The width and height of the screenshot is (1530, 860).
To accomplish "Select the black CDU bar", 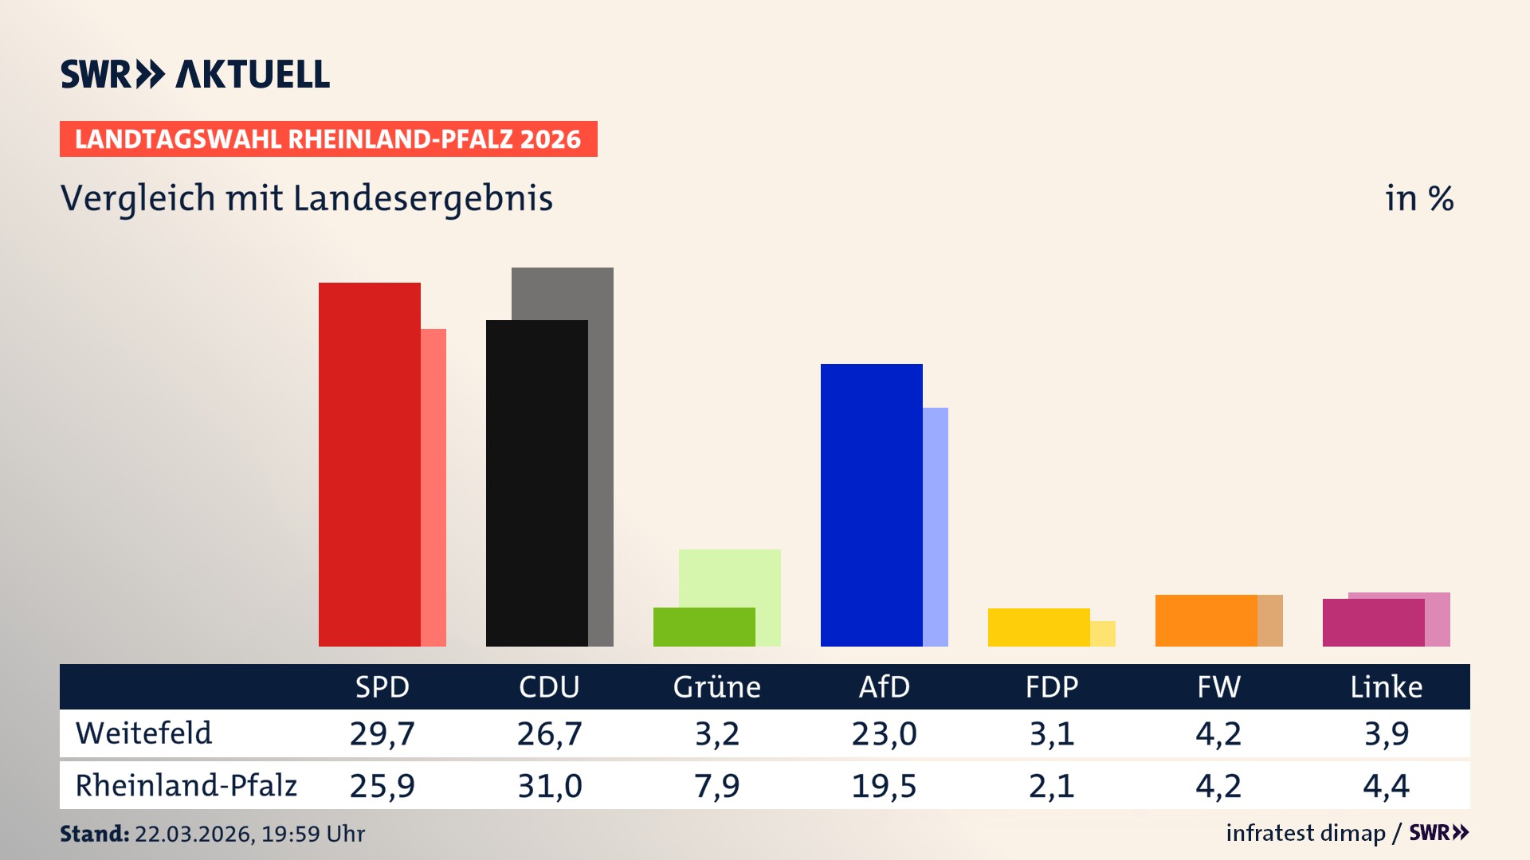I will click(x=536, y=483).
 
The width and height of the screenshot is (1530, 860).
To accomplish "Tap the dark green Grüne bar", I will click(x=704, y=627).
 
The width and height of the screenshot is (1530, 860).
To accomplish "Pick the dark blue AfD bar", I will click(x=871, y=505).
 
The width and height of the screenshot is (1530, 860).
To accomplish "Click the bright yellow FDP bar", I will click(x=1038, y=627).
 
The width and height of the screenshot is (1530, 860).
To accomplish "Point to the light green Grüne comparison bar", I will click(x=729, y=577).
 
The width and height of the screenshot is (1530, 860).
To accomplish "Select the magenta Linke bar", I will click(x=1373, y=623).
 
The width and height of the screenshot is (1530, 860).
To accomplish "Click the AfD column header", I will click(x=884, y=686).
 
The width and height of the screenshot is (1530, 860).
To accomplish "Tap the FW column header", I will click(x=1218, y=686).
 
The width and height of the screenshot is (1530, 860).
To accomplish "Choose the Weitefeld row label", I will click(x=144, y=733).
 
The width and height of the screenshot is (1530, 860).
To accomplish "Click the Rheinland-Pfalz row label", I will click(x=186, y=786).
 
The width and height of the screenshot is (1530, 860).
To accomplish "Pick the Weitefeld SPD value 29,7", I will click(x=382, y=733).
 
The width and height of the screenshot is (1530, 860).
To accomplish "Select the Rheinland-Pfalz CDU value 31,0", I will click(x=549, y=786).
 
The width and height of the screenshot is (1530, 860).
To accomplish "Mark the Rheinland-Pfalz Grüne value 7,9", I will click(x=716, y=786).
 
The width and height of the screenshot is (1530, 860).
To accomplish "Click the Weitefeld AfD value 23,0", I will click(x=884, y=733).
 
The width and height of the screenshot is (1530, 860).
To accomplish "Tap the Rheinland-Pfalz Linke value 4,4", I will click(x=1386, y=786).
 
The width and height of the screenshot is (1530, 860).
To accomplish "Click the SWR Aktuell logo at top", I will click(x=195, y=74).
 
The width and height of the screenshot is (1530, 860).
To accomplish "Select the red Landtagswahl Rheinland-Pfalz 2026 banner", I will click(x=328, y=139).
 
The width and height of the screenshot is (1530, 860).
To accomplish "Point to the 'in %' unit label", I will click(x=1418, y=199).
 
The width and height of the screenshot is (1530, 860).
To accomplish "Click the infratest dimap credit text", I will click(x=1305, y=833).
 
